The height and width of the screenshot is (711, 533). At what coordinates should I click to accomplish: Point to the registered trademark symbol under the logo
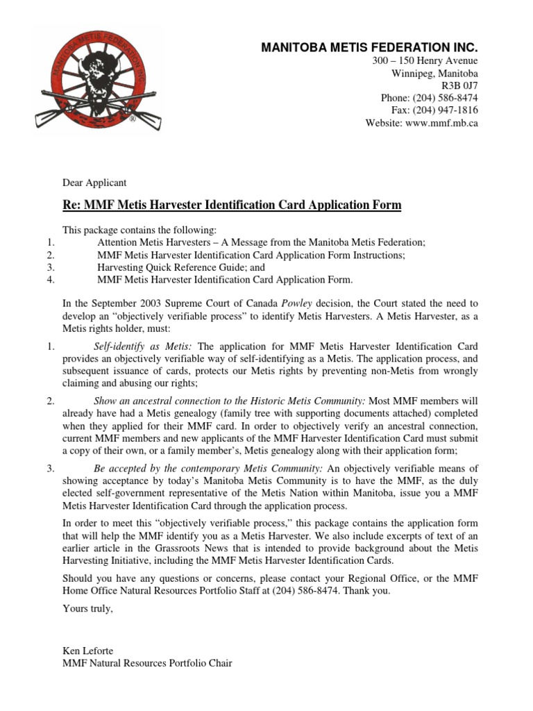click(132, 119)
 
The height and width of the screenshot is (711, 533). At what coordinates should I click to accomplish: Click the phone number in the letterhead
click(429, 99)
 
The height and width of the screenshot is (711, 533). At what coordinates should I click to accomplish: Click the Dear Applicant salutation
click(94, 183)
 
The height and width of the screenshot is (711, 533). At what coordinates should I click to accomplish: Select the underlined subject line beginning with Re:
click(232, 205)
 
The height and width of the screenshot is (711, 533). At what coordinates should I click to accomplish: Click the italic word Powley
click(297, 303)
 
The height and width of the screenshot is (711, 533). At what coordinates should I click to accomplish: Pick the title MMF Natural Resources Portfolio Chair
click(147, 663)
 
